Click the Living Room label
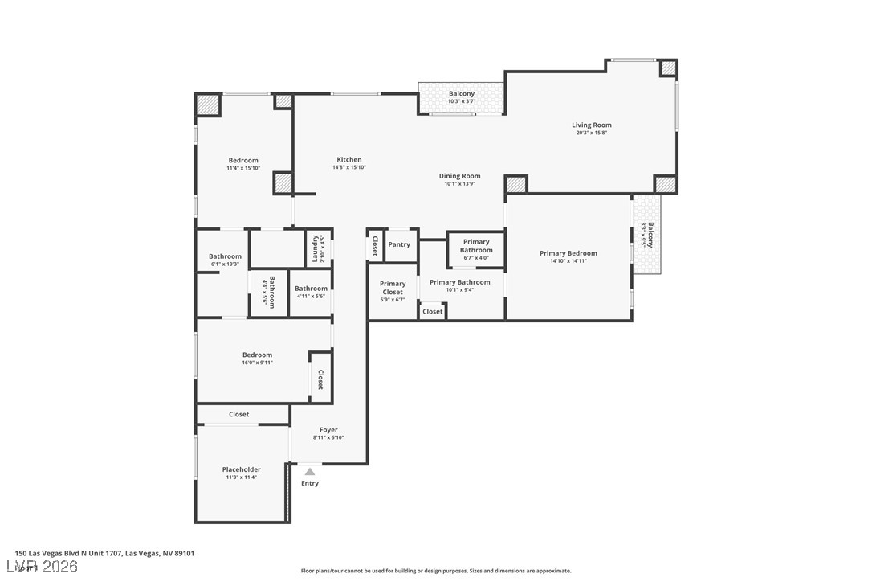tap(592, 125)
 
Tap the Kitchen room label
tap(348, 159)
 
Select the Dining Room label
tap(459, 176)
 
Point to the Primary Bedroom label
tap(568, 253)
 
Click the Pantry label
tap(399, 244)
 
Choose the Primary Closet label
tap(393, 284)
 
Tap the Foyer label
tap(328, 430)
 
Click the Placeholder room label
tap(241, 469)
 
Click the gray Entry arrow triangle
tap(310, 472)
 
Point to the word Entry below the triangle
tap(310, 483)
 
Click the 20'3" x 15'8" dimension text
tap(592, 133)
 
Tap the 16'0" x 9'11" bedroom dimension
tap(258, 363)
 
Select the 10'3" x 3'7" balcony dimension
tap(462, 101)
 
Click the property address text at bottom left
tap(104, 553)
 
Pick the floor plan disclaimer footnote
tap(436, 571)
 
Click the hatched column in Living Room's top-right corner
tap(668, 68)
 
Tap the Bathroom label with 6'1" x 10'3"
tap(225, 256)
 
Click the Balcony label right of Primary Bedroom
tap(650, 234)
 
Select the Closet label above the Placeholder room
tap(239, 414)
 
